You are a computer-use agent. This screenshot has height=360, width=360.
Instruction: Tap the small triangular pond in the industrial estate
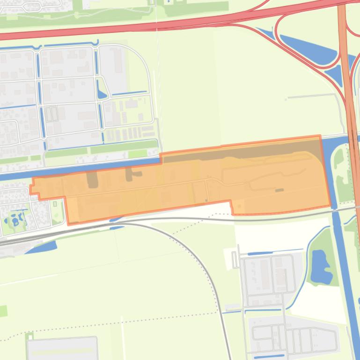[x=102, y=94]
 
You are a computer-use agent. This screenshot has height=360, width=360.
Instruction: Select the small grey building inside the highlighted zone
[x=279, y=190]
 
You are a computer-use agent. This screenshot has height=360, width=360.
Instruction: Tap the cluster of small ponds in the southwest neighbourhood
[x=17, y=219]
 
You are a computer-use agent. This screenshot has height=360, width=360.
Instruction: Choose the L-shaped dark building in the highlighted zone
[x=131, y=175]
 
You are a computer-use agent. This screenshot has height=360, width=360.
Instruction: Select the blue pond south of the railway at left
[x=42, y=247]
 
